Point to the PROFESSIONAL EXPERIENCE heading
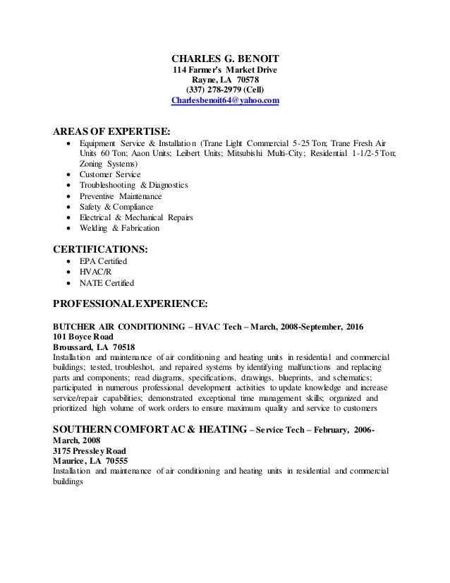(x=130, y=303)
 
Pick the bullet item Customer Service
(x=110, y=174)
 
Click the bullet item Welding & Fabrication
(x=120, y=228)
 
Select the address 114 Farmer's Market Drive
(x=225, y=70)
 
